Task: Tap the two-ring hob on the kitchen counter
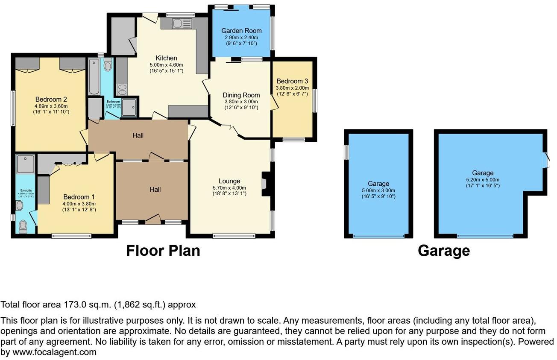[122, 89]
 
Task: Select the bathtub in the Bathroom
[94, 77]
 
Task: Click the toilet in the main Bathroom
[108, 65]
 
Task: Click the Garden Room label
[241, 31]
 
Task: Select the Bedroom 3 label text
[292, 81]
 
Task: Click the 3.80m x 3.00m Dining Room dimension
[241, 102]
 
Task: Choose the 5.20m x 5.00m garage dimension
[483, 179]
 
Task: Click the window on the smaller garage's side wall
[347, 152]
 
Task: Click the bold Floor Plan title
[163, 251]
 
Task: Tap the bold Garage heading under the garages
[444, 251]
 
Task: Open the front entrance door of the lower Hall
[152, 220]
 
